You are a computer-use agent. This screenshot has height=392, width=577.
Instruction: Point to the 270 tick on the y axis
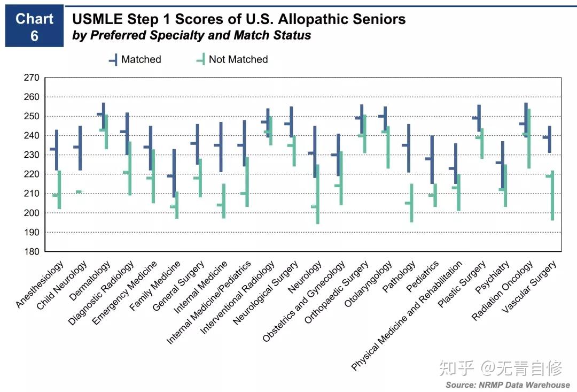pyautogui.click(x=32, y=78)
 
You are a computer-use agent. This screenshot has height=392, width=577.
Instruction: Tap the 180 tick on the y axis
pyautogui.click(x=32, y=251)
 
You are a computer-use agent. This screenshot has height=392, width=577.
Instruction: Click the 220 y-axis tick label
pyautogui.click(x=32, y=174)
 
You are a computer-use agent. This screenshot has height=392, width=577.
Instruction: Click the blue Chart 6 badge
pyautogui.click(x=34, y=27)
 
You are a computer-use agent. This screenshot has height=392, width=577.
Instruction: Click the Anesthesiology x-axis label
pyautogui.click(x=41, y=284)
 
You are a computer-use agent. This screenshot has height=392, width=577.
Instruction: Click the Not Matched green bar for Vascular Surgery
pyautogui.click(x=552, y=195)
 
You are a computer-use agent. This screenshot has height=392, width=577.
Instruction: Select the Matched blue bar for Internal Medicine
pyautogui.click(x=221, y=147)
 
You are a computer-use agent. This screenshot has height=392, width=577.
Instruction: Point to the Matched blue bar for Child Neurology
pyautogui.click(x=80, y=148)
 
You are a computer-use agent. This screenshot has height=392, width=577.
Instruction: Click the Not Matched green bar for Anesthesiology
pyautogui.click(x=59, y=190)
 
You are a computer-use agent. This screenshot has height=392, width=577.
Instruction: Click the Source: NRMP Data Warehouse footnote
pyautogui.click(x=508, y=385)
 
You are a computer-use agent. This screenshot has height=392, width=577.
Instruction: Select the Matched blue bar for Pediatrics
pyautogui.click(x=432, y=159)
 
